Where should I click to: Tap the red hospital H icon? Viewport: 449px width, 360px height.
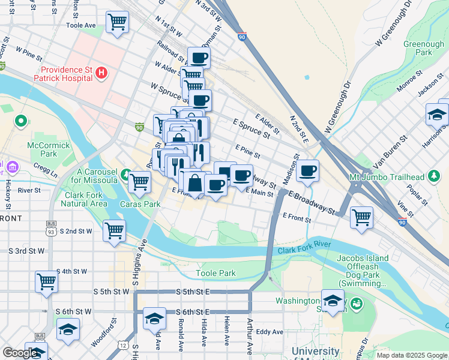(101, 73)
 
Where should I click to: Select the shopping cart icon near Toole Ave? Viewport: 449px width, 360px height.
(117, 23)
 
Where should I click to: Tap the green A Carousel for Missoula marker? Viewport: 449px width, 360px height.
(126, 175)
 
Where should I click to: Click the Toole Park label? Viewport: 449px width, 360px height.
(215, 274)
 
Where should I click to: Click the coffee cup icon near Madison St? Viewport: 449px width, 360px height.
(308, 170)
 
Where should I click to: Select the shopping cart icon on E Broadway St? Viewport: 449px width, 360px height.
(361, 217)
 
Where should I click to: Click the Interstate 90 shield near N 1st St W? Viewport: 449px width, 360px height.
(242, 37)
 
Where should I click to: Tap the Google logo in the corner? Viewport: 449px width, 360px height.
(20, 353)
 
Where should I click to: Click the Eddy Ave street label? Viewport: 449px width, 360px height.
(269, 332)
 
